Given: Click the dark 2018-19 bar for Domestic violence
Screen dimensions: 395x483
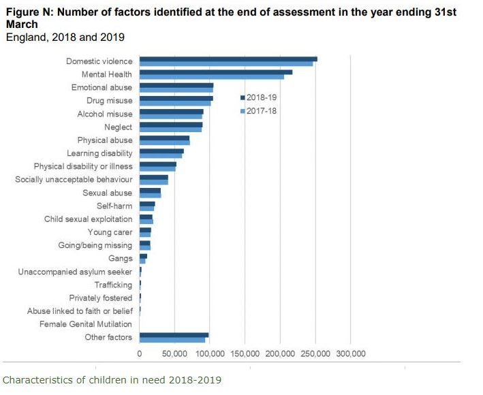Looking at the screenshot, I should [228, 59].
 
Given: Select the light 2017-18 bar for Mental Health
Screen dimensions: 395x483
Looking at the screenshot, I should [211, 77].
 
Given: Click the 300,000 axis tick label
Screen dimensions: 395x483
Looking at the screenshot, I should [350, 354].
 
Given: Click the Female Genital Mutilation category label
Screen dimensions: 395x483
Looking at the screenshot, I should [86, 324].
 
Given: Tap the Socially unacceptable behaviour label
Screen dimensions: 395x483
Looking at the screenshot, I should [74, 180].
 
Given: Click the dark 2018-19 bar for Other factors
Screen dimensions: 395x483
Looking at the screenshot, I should [174, 335].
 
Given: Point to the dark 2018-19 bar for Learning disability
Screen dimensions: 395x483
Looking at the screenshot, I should [161, 151].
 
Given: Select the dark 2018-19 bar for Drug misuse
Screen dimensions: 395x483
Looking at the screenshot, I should [176, 99].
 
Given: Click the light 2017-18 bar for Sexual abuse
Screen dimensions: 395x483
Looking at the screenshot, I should [150, 195].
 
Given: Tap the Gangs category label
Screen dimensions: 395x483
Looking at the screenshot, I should [121, 259].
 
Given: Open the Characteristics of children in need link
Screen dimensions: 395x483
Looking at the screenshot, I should [112, 379].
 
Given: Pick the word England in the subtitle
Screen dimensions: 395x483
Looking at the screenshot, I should [25, 37].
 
